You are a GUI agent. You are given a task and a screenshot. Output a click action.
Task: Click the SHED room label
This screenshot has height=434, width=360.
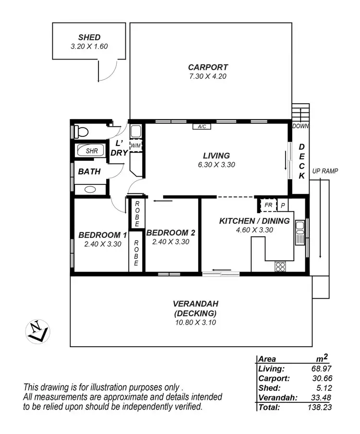click(89, 37)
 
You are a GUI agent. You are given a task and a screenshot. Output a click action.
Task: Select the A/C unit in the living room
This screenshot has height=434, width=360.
click(202, 127)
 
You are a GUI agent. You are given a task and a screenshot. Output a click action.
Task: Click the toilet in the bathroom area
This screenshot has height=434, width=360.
click(81, 131)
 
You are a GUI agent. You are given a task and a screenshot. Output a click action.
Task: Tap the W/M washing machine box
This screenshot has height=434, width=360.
click(136, 145)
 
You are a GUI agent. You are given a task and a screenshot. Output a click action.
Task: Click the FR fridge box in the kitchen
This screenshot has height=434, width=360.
click(268, 205)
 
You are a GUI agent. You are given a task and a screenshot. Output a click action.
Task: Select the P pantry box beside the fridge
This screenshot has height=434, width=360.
click(283, 205)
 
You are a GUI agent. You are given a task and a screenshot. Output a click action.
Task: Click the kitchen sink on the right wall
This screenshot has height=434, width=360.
click(300, 232)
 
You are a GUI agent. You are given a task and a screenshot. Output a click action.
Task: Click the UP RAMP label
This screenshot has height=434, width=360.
click(325, 171)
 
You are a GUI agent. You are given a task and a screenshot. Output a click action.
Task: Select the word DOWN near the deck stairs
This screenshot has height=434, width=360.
click(301, 126)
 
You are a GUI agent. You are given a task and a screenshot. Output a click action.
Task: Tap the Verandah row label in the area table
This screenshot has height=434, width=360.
click(277, 398)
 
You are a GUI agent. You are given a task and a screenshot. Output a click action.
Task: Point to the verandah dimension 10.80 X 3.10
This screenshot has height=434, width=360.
click(195, 322)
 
